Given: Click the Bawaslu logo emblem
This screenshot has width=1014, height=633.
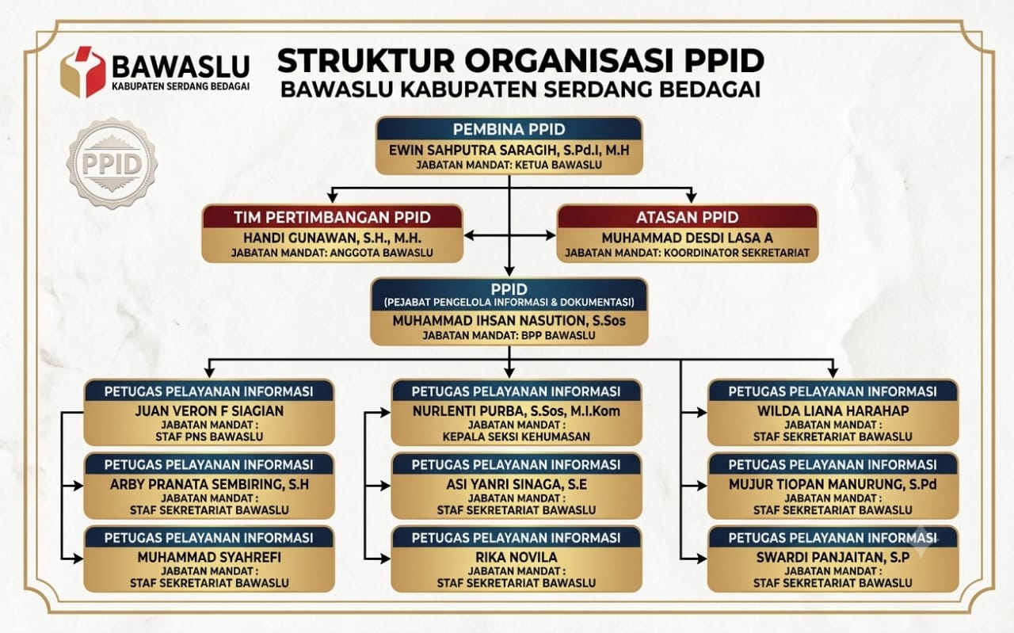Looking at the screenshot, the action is coord(83,71).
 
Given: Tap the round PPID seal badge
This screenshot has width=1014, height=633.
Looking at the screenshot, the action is coord(112,163).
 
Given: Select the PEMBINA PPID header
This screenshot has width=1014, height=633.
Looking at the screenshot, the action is coord(509,129).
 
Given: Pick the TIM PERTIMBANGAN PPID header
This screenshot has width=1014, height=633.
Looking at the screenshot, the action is coord(332,217).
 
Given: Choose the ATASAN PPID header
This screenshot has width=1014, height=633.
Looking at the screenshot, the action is coord(687,217).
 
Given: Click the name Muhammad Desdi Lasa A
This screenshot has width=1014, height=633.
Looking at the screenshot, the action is coord(687,238).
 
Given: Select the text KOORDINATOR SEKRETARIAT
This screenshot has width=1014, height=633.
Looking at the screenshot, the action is coord(737,253).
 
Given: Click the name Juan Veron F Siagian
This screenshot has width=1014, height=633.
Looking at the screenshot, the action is coord(209,411).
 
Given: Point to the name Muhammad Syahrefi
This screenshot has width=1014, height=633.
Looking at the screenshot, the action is coord(209,558).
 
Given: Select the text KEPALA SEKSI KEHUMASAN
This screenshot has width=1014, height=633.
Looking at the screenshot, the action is coord(516,437).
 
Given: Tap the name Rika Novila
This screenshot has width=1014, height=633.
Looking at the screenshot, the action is coord(516,558).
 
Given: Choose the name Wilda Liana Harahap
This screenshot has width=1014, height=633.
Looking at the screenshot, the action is coord(833,411).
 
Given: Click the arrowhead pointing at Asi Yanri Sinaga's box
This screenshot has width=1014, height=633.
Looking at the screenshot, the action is coord(385,486).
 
